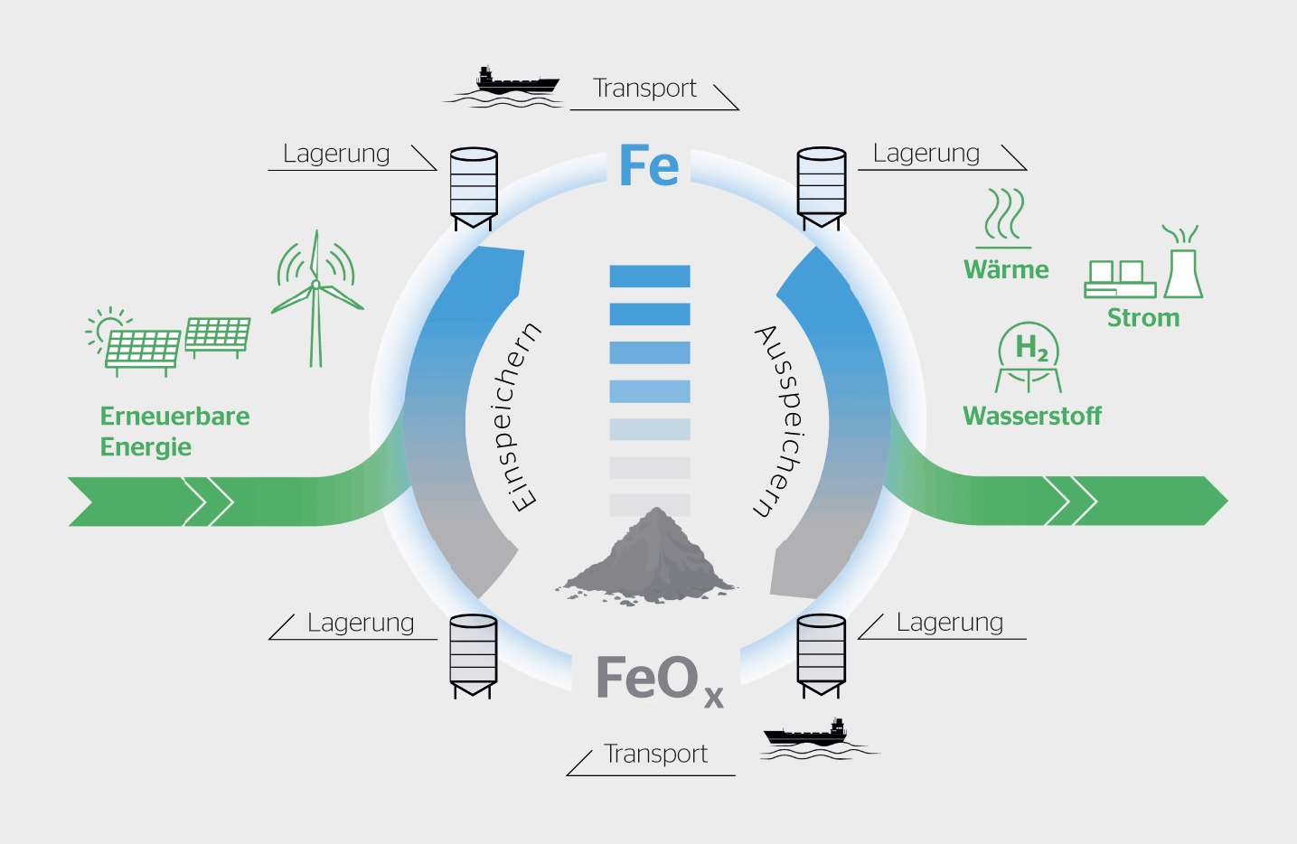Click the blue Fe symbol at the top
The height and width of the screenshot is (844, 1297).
(x=648, y=166)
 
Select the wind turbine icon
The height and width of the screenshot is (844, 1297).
(x=316, y=298)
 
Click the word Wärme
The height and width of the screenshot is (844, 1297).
(x=1006, y=270)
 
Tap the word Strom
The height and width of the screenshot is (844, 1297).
(x=1143, y=318)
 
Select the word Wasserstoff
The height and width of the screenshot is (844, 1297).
(x=1032, y=416)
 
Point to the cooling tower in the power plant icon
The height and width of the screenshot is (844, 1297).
(x=1183, y=272)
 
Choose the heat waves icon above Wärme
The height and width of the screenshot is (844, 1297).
(x=1004, y=215)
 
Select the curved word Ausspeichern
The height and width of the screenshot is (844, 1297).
(x=779, y=420)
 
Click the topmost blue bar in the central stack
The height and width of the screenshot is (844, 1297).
(x=650, y=277)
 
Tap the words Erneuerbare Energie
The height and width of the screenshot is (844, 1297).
(x=174, y=431)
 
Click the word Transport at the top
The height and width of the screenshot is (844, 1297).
(x=644, y=89)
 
